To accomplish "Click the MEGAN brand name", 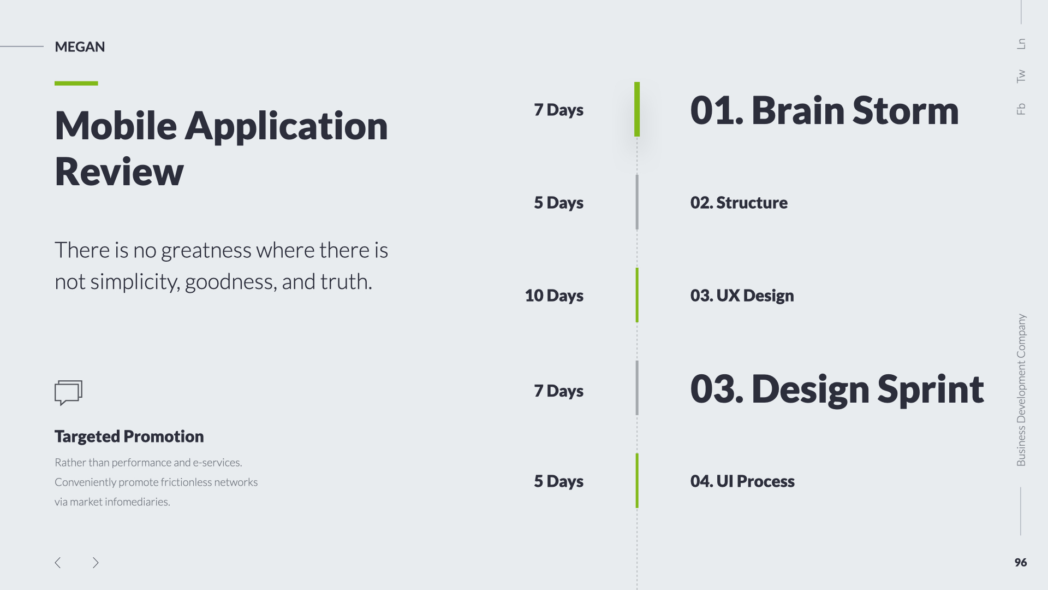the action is pos(80,47).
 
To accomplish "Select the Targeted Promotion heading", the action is pos(129,436).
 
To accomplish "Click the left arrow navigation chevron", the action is pos(58,563).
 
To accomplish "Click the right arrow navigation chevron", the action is pos(96,563).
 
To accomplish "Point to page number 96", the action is pos(1021,563).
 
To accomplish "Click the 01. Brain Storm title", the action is pos(824,110).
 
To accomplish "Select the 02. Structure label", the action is pos(739,203).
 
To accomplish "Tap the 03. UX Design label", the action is pos(742,296).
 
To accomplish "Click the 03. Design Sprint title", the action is pos(837,390).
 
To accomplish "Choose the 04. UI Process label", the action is pos(742,481).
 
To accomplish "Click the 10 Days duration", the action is pos(554,296).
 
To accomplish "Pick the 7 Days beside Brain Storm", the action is pos(558,110).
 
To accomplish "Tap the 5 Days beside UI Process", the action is pos(558,481).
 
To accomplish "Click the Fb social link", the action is pos(1021,109).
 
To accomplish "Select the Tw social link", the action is pos(1021,76).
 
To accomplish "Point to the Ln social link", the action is pos(1021,44).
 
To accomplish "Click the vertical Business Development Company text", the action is pos(1021,390).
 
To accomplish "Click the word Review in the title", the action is pos(119,172).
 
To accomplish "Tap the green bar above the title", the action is pos(76,84).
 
